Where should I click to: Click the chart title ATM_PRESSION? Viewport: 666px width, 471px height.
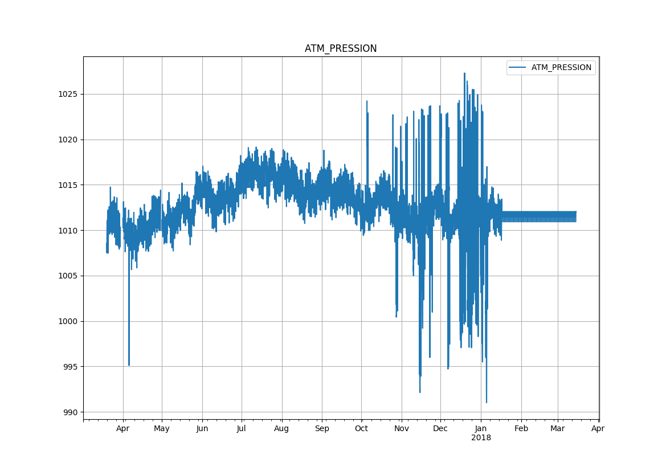click(341, 48)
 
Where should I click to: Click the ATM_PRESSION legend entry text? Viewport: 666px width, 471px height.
click(561, 68)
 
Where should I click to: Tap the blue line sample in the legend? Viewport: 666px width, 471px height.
click(518, 68)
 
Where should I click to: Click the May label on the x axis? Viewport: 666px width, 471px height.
click(162, 429)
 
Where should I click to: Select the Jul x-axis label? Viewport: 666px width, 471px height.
click(242, 429)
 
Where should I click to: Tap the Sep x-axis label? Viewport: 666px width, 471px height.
click(322, 429)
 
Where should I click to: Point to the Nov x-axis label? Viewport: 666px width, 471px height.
click(402, 429)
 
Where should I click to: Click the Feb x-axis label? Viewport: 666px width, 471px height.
click(521, 429)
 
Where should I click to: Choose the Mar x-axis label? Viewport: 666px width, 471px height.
click(558, 429)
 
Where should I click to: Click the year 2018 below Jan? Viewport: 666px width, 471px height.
click(481, 438)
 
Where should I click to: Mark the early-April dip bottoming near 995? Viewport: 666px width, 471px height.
click(129, 364)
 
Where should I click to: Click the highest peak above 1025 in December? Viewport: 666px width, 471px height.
click(464, 73)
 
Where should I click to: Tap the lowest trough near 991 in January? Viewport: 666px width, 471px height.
click(486, 402)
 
